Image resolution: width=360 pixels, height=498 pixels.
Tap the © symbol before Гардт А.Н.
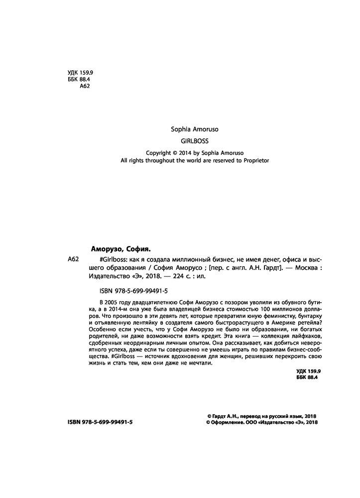(209, 415)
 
